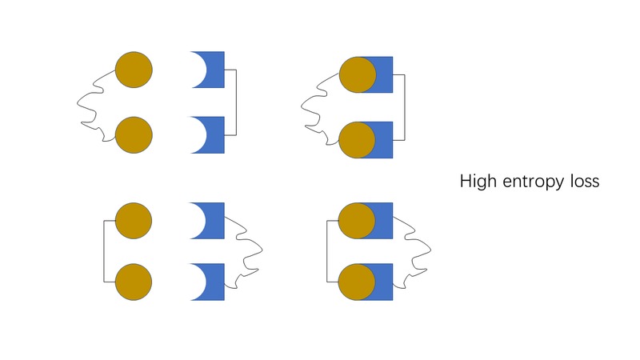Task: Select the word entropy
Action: pos(534,182)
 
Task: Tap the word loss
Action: pos(585,181)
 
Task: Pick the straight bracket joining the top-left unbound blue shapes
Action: pos(236,102)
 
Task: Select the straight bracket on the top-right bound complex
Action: pos(405,107)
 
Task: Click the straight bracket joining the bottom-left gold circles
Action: pos(104,251)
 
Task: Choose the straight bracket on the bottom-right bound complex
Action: pos(326,251)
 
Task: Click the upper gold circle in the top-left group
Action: pos(134,70)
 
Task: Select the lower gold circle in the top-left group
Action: pos(134,135)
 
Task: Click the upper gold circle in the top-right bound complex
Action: pos(358,74)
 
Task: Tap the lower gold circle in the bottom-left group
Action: pos(134,282)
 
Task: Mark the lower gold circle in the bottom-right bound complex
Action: pos(357,282)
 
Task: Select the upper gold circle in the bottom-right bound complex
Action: pos(357,221)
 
